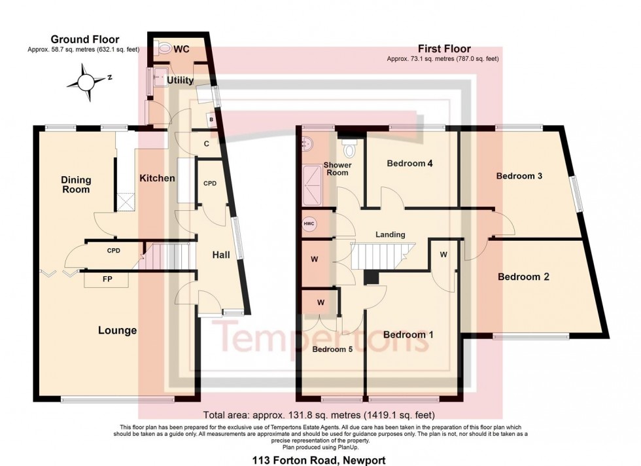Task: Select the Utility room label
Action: click(180, 80)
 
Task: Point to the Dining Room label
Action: click(76, 185)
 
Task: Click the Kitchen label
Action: click(157, 178)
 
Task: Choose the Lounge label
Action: click(118, 331)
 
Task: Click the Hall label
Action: click(220, 255)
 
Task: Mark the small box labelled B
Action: click(211, 120)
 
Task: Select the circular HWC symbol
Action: click(309, 224)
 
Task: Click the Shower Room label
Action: click(338, 169)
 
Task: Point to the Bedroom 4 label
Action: click(410, 164)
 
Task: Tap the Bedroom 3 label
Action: click(521, 176)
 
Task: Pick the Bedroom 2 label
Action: click(523, 277)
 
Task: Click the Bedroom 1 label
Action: click(409, 334)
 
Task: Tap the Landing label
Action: click(390, 234)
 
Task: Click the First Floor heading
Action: click(444, 48)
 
